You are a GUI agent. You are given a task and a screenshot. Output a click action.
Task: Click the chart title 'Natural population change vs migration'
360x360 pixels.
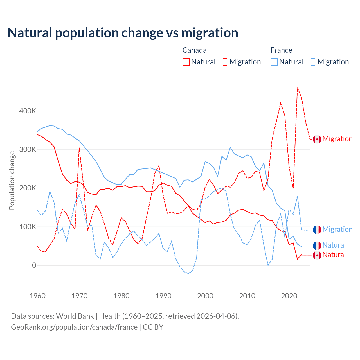[x=123, y=33]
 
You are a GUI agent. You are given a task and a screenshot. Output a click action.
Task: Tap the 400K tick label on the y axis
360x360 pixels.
[x=28, y=111]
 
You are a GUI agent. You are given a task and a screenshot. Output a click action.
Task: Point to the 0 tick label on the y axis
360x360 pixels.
[x=34, y=265]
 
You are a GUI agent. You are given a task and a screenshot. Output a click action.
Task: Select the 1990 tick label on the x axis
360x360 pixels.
[x=163, y=296]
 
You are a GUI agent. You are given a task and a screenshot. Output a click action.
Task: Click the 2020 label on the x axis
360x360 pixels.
[x=289, y=296]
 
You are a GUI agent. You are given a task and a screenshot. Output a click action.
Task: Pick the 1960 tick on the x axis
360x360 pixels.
[x=37, y=296]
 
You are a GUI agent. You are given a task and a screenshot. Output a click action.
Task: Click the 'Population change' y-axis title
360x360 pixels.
[x=12, y=180]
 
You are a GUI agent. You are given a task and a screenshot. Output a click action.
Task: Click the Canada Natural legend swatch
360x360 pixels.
[x=186, y=62]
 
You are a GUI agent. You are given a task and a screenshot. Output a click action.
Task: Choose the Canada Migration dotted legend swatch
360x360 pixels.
[x=224, y=62]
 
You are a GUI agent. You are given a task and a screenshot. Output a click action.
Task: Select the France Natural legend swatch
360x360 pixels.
[x=274, y=62]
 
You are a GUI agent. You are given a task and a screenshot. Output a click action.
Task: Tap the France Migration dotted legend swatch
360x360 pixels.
[x=312, y=62]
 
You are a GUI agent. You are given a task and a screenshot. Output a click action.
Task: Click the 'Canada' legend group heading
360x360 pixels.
[x=194, y=50]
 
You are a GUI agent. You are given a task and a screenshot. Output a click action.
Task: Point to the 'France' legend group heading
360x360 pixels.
[x=281, y=50]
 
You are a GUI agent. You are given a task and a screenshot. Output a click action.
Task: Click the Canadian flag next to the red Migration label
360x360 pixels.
[x=317, y=139]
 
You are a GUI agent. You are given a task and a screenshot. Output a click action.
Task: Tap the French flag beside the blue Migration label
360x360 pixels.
[x=317, y=229]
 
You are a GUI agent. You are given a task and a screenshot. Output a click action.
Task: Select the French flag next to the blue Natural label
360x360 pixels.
[x=317, y=246]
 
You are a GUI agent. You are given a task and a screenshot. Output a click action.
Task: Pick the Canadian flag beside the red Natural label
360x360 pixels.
[x=317, y=255]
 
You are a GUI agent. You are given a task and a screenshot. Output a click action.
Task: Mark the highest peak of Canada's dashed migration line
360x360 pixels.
[x=298, y=88]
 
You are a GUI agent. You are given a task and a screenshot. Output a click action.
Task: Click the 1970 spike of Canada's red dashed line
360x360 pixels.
[x=79, y=148]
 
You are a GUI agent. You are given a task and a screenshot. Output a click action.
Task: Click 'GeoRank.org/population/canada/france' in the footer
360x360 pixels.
[x=74, y=327]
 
